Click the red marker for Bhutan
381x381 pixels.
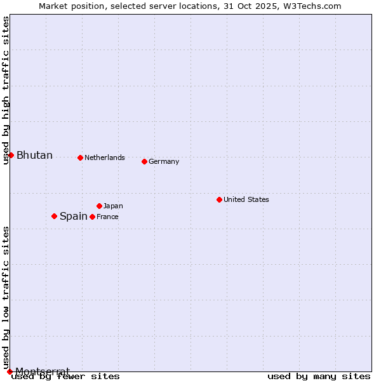(x=11, y=155)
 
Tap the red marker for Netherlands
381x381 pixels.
(x=80, y=157)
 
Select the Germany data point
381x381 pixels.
(x=144, y=161)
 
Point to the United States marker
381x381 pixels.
(x=219, y=199)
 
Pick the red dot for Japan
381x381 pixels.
(x=99, y=206)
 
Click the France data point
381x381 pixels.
(x=92, y=217)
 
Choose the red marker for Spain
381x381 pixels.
(x=54, y=216)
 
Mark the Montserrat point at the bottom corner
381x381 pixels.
(x=10, y=371)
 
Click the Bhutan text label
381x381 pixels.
(x=34, y=156)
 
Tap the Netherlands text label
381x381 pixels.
(x=105, y=157)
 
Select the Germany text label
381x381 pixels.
(x=164, y=161)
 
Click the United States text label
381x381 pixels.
(x=246, y=199)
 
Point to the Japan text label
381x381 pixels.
(x=113, y=206)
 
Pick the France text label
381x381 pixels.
(x=107, y=217)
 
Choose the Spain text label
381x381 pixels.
(x=74, y=217)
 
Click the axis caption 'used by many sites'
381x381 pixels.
(x=319, y=376)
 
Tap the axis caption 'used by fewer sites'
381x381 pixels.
(x=65, y=376)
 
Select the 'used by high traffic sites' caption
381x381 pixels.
(x=6, y=90)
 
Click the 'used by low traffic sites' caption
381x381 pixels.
(x=6, y=297)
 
